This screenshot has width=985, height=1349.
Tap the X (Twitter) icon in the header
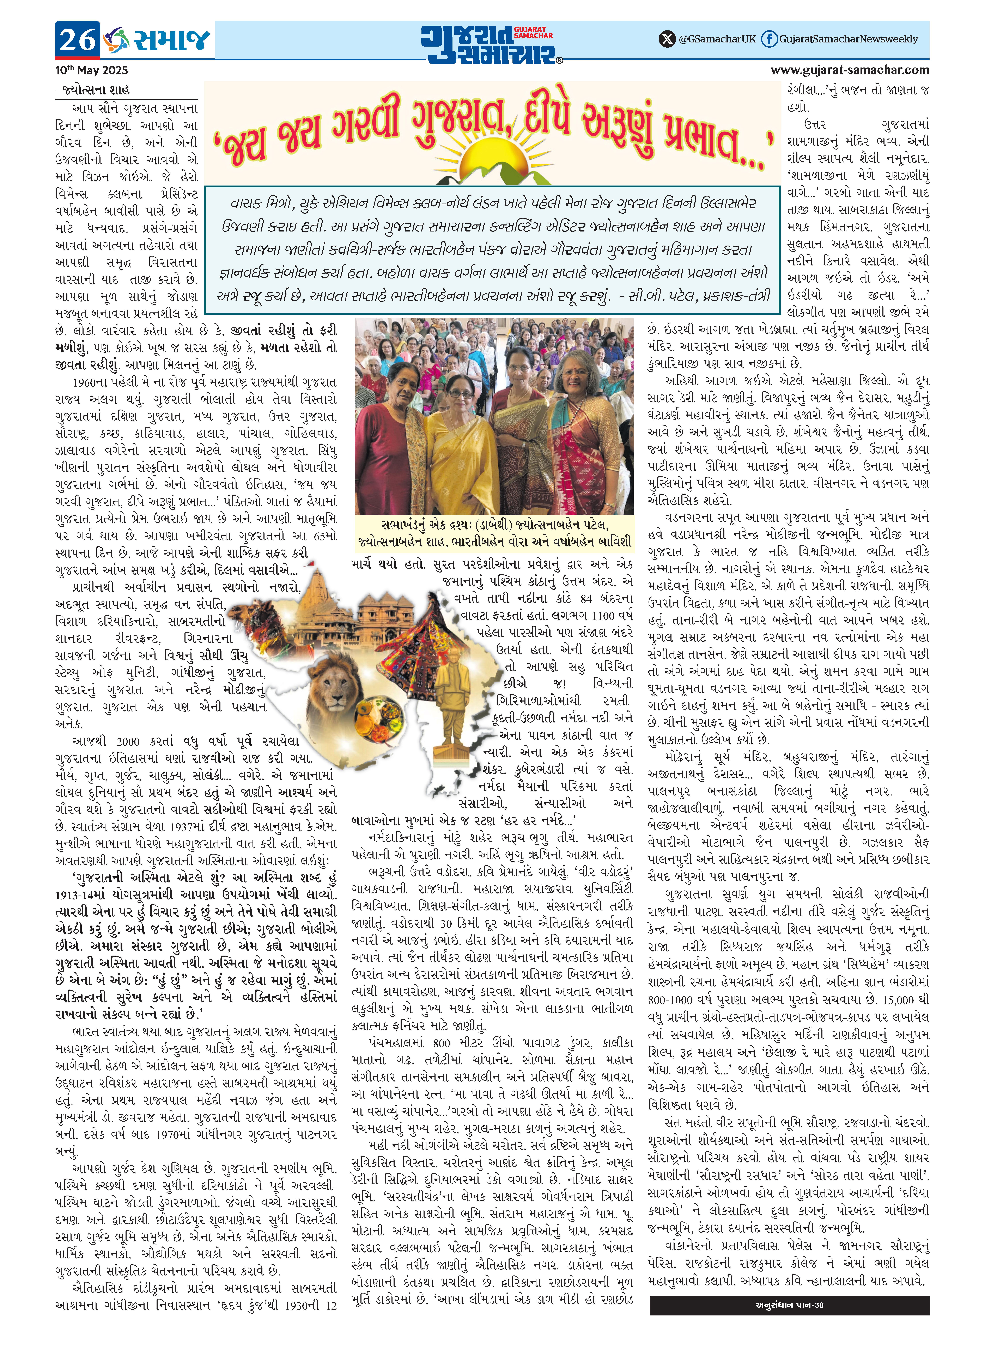667,39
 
